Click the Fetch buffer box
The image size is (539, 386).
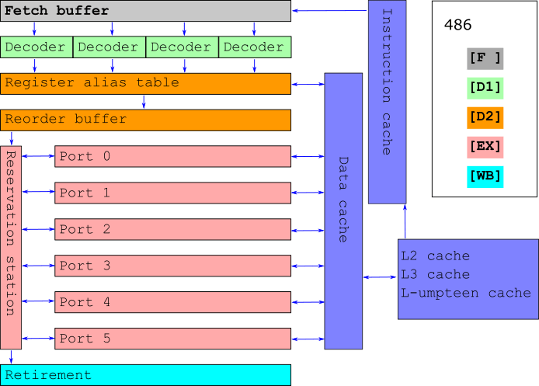pyautogui.click(x=145, y=11)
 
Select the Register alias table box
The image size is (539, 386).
pyautogui.click(x=145, y=84)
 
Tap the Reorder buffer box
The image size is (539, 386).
pyautogui.click(x=145, y=120)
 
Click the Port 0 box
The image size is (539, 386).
pyautogui.click(x=172, y=156)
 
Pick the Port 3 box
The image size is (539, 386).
pyautogui.click(x=172, y=266)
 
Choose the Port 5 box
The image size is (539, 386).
pyautogui.click(x=172, y=339)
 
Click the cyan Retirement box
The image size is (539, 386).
pyautogui.click(x=145, y=375)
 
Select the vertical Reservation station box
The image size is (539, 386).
pyautogui.click(x=11, y=248)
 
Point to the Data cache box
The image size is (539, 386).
pyautogui.click(x=343, y=211)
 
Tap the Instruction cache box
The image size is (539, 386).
pyautogui.click(x=387, y=102)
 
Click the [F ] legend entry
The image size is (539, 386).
pyautogui.click(x=485, y=59)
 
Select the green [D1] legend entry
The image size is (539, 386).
pyautogui.click(x=485, y=89)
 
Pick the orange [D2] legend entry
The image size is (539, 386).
pyautogui.click(x=485, y=118)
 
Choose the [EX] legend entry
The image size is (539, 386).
pyautogui.click(x=485, y=148)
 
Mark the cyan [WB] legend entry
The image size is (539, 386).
pyautogui.click(x=485, y=177)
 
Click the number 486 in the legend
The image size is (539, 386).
pyautogui.click(x=457, y=25)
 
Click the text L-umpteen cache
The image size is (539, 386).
pyautogui.click(x=466, y=294)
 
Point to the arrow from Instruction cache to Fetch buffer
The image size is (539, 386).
pyautogui.click(x=330, y=11)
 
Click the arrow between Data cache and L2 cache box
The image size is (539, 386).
pyautogui.click(x=381, y=277)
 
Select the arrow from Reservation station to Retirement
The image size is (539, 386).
pyautogui.click(x=11, y=357)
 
